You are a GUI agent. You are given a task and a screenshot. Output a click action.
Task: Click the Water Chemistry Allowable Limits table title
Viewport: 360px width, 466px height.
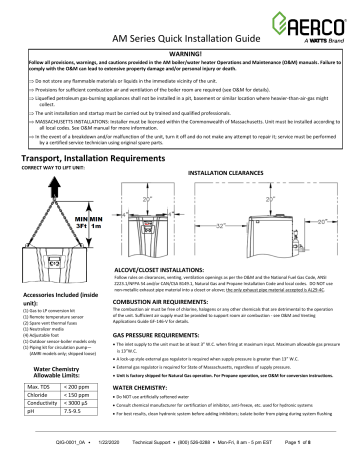point(54,367)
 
